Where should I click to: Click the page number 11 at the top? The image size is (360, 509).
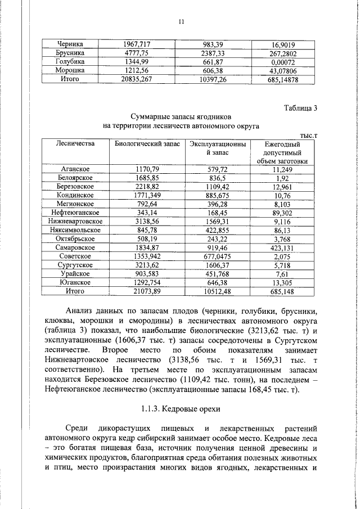[x=181, y=22]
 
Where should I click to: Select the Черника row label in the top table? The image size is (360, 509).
[x=70, y=44]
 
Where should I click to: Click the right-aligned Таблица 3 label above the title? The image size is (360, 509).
[x=300, y=109]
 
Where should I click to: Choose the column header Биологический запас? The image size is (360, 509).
[x=147, y=144]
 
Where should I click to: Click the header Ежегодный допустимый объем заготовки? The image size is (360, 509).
[x=283, y=152]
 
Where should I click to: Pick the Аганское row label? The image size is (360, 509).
[x=75, y=169]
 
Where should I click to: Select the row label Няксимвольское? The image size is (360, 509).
[x=75, y=230]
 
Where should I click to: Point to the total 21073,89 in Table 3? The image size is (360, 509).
[x=147, y=291]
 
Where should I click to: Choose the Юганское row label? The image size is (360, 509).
[x=75, y=282]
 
